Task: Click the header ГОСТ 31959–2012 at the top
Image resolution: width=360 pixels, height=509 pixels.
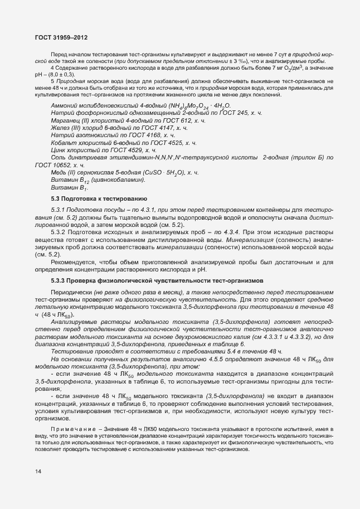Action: [x=61, y=37]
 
